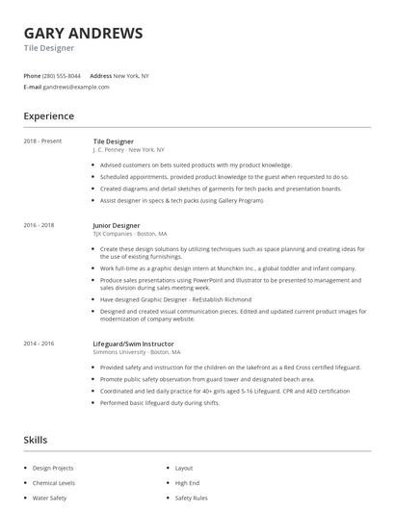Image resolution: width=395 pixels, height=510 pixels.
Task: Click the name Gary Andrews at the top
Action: coord(83,33)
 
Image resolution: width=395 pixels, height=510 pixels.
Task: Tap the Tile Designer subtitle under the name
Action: coord(48,47)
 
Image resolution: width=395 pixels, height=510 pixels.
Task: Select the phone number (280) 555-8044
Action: coord(63,75)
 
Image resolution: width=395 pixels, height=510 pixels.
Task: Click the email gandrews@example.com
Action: coord(76,87)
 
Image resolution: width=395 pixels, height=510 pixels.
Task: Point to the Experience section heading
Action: coord(48,116)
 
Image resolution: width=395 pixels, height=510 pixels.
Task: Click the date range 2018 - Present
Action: coord(42,141)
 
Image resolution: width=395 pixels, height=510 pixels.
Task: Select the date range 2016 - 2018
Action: coord(39,225)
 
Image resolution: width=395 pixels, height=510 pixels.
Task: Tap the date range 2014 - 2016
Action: coord(39,344)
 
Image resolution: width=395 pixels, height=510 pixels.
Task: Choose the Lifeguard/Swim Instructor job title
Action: coord(133,344)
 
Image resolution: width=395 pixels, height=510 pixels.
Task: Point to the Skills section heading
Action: coord(36,440)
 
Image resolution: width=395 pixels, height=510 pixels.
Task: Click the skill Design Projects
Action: coord(53,468)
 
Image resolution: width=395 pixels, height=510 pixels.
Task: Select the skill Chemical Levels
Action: coord(54,483)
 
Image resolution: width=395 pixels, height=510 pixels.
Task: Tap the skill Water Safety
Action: coord(50,498)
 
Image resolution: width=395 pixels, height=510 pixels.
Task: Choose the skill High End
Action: coord(187,483)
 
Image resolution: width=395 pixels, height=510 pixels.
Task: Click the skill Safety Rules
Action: coord(191,498)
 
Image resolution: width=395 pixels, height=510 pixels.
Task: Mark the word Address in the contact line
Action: coord(100,75)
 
